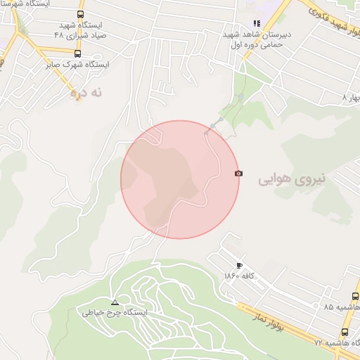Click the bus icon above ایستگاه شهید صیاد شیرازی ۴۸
coord(81,14)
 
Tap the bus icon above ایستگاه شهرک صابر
coord(77,53)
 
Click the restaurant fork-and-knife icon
coord(247,23)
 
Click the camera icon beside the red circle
coord(239,173)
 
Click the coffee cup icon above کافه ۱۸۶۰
coord(240,265)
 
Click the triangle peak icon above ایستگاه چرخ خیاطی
coord(115,302)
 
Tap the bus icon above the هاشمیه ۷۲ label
coord(345,332)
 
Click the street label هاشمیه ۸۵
coord(342,307)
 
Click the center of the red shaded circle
coord(180,179)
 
